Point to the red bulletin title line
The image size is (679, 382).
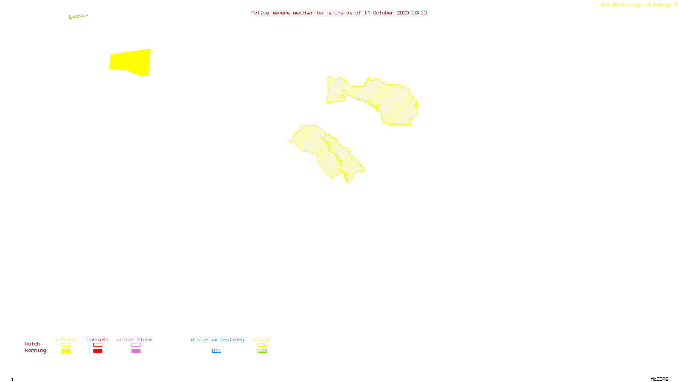[x=339, y=13]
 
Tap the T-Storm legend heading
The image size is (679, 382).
[x=65, y=340]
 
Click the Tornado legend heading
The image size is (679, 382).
[x=97, y=340]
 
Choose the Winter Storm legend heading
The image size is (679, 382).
[x=134, y=340]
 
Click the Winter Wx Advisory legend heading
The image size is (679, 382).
[x=217, y=340]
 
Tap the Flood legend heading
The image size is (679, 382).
[x=262, y=340]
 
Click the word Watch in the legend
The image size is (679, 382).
[x=33, y=344]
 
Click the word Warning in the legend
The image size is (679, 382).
[x=36, y=351]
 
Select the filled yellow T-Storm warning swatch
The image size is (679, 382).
[x=66, y=351]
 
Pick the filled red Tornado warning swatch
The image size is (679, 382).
[x=98, y=351]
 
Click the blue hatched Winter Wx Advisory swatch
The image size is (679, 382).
[x=216, y=351]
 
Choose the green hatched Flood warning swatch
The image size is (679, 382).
[x=262, y=351]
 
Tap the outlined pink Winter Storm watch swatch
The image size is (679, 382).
[x=136, y=345]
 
